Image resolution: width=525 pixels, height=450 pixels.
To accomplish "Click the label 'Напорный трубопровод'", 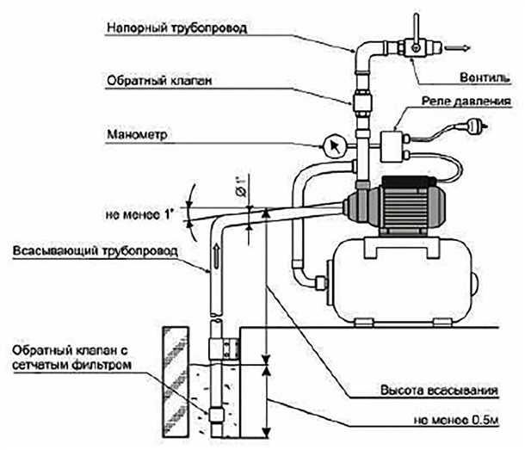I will pos(177,28).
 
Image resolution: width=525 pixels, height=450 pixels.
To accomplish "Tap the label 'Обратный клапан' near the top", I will pos(159,80).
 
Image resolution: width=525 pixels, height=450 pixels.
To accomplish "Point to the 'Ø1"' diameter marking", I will pos(244,183).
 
